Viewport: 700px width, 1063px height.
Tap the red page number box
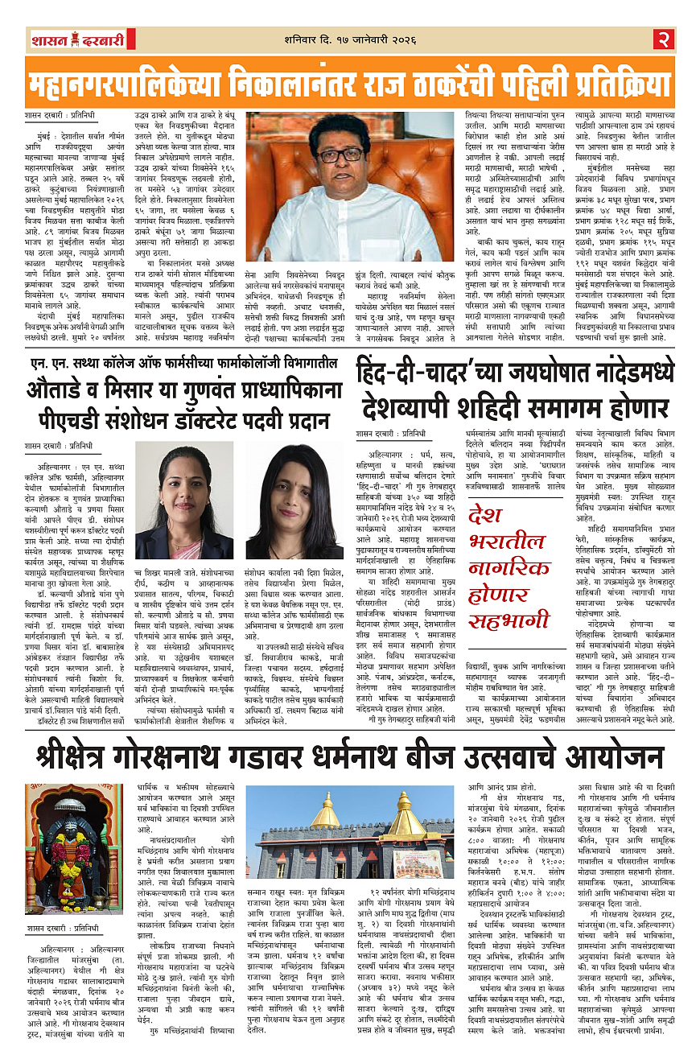pyautogui.click(x=664, y=38)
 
